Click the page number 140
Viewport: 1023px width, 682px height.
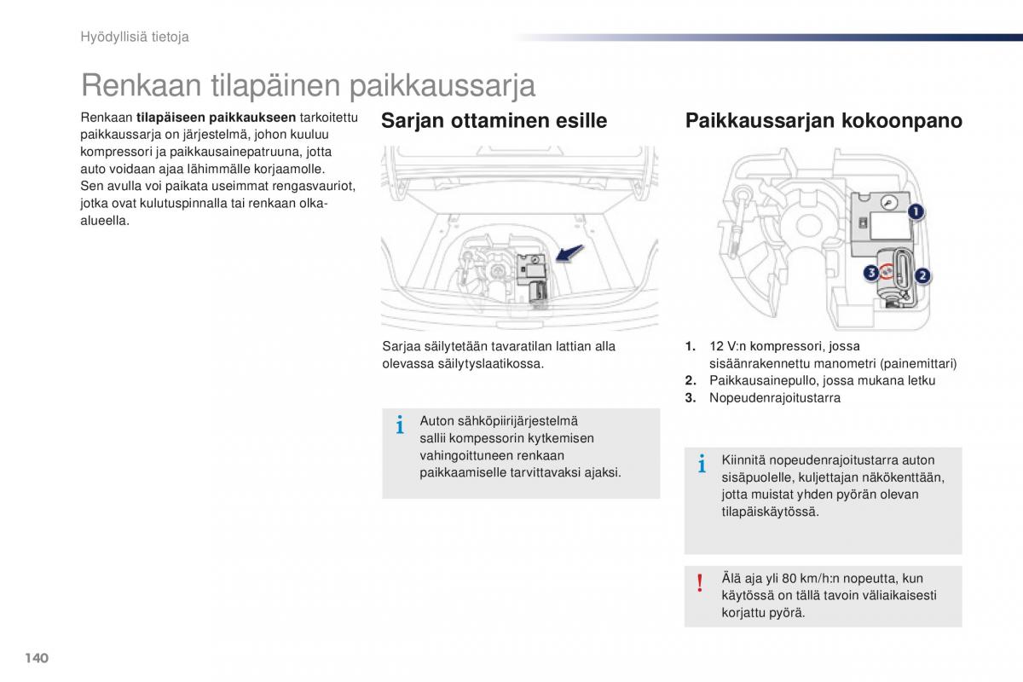(x=37, y=658)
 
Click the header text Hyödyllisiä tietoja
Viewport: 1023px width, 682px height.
(x=135, y=37)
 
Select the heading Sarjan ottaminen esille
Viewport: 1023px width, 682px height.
(x=494, y=121)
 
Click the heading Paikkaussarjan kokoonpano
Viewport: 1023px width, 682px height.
(x=824, y=121)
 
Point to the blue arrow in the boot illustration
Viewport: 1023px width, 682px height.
(x=569, y=253)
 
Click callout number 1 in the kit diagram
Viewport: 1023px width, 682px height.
(x=916, y=212)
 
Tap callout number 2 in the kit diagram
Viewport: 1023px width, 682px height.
(x=922, y=275)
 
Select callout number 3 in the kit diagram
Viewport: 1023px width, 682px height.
(x=871, y=273)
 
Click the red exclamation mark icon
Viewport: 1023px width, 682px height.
(x=700, y=584)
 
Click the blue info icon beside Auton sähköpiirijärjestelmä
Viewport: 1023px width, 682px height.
(x=400, y=425)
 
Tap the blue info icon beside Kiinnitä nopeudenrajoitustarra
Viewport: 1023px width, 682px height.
(x=702, y=464)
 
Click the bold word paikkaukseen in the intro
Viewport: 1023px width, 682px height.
(x=252, y=118)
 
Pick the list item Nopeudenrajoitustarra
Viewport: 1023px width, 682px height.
(x=775, y=398)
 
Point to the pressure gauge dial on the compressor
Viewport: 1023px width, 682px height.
(x=888, y=203)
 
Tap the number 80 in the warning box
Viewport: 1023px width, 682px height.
(x=789, y=578)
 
